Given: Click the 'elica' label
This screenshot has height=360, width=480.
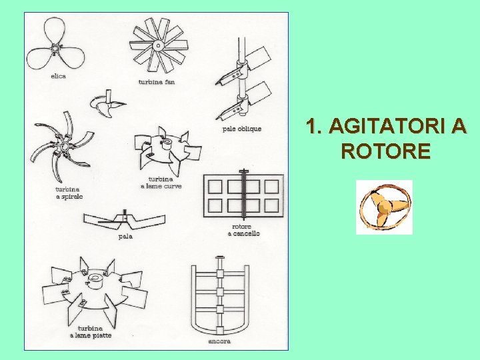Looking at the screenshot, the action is (x=58, y=76).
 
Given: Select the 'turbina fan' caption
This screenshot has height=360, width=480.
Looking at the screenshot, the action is (x=155, y=81).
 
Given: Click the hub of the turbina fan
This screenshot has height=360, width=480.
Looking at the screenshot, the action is (x=159, y=45).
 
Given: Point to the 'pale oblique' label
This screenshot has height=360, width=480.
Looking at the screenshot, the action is (x=241, y=129).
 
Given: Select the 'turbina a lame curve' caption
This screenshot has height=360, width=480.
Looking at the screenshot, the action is (x=161, y=183).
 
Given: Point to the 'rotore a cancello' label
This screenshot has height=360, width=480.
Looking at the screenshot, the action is (x=244, y=230).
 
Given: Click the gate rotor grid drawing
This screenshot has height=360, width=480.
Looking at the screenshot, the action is (x=244, y=195).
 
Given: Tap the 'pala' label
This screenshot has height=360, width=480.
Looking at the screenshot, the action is (x=125, y=235).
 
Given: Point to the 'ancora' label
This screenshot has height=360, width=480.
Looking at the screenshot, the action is (x=219, y=341).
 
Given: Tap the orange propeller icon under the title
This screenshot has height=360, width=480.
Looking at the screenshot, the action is (x=384, y=207).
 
